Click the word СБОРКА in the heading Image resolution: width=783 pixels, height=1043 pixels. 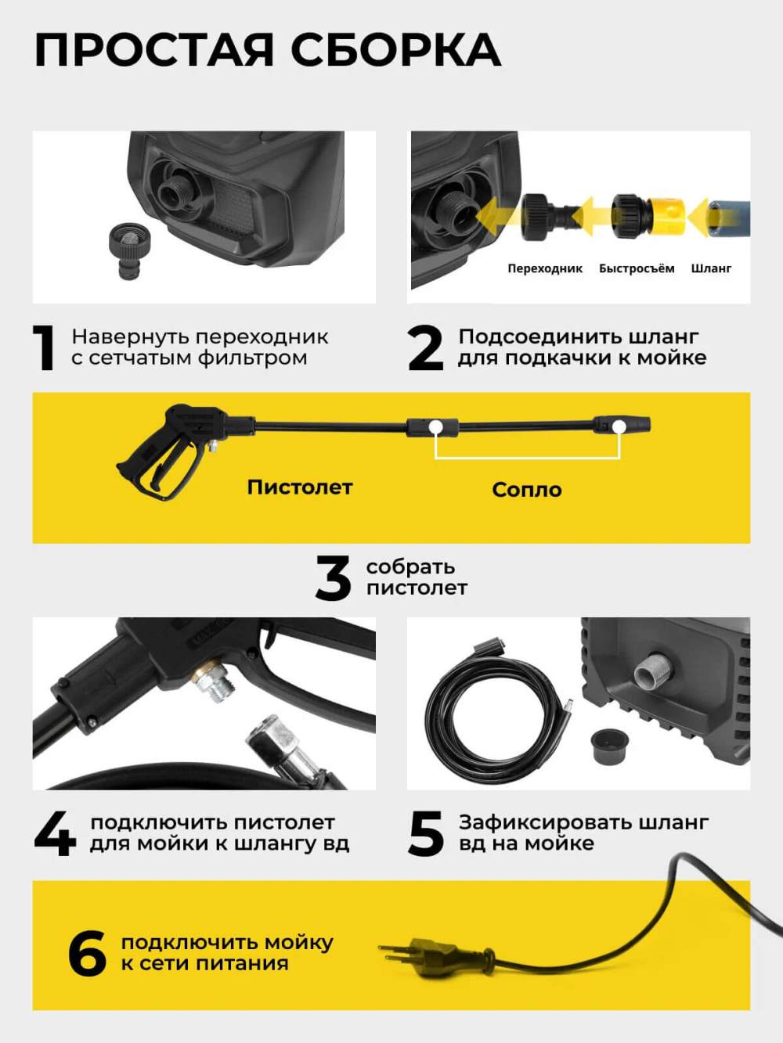click(x=395, y=50)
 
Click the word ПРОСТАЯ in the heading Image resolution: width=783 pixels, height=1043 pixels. click(x=154, y=50)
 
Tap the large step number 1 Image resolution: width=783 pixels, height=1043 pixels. click(x=44, y=347)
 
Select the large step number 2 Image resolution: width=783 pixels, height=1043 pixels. click(x=425, y=347)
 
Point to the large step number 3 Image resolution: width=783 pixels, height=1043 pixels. click(x=333, y=577)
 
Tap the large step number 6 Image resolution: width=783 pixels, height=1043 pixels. click(x=87, y=953)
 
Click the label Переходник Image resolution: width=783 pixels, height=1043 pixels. click(x=545, y=268)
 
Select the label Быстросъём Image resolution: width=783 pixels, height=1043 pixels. click(x=637, y=268)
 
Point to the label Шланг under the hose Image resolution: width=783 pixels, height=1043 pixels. click(x=711, y=269)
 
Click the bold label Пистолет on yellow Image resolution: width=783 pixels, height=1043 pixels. click(x=300, y=487)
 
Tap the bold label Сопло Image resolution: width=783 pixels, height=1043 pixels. click(x=527, y=490)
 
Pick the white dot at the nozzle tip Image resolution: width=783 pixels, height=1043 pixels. click(x=618, y=426)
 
